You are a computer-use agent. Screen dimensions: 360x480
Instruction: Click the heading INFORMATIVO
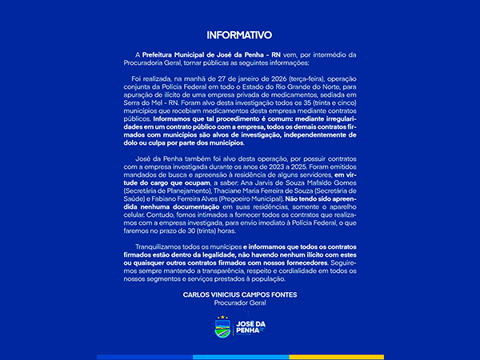coord(239,35)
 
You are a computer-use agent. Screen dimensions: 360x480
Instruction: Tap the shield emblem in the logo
coord(222,329)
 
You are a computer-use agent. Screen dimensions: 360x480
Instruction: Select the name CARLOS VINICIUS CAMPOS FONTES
coord(239,294)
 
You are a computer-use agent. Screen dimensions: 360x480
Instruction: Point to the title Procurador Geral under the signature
coord(239,303)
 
